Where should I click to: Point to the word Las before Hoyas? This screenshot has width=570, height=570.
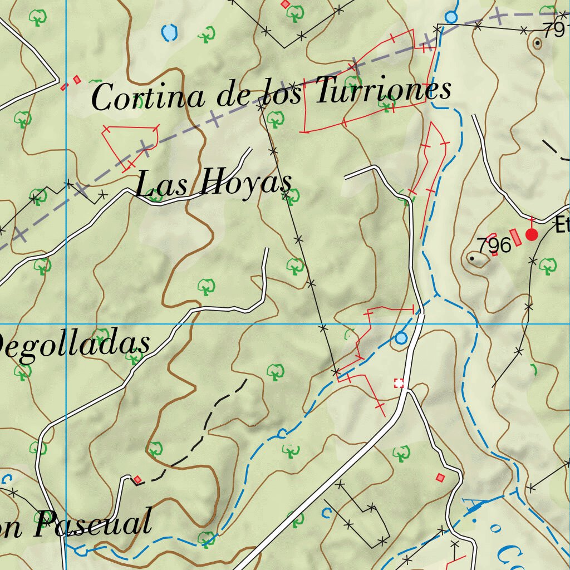(161, 184)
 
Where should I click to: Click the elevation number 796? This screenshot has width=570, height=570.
(494, 245)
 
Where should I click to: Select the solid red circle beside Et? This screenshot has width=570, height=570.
(532, 234)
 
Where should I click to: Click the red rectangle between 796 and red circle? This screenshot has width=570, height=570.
(516, 237)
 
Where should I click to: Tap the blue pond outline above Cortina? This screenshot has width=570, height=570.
(169, 33)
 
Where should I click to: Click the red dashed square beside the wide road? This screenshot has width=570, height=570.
(399, 382)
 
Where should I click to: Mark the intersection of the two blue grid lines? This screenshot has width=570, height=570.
(66, 323)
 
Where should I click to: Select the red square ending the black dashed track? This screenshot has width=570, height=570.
(137, 479)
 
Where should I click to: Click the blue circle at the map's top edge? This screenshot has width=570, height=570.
(451, 17)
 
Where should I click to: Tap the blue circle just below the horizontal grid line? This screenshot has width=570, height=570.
(401, 338)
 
